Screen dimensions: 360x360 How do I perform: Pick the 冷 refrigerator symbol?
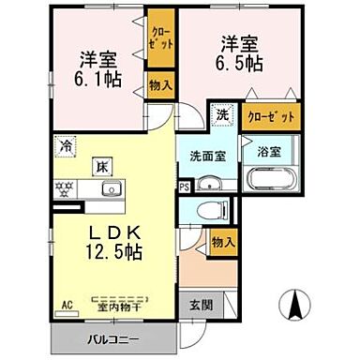pos(67,145)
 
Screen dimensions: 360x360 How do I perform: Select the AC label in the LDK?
pos(67,305)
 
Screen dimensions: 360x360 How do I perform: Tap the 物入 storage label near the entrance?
pos(222,243)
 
